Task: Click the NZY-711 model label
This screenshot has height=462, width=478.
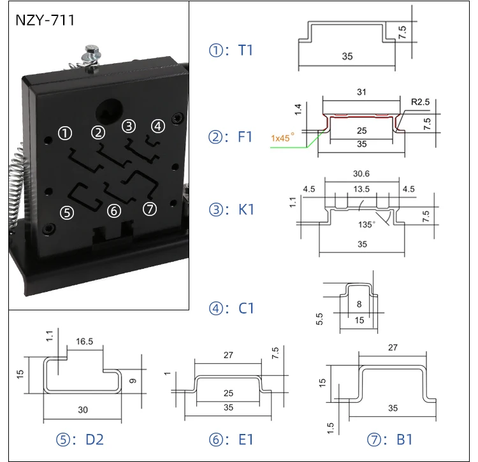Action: (x=45, y=20)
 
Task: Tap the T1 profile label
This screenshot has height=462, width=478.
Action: (x=231, y=50)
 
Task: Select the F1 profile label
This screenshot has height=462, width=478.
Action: (x=231, y=136)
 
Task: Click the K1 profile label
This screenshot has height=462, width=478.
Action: (x=232, y=209)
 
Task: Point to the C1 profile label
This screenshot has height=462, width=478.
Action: (x=232, y=308)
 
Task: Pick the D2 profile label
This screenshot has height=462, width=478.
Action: (x=80, y=440)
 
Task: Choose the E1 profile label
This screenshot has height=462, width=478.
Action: (x=232, y=440)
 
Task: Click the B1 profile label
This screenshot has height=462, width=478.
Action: (x=391, y=440)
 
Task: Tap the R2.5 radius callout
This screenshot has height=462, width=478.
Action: (x=420, y=101)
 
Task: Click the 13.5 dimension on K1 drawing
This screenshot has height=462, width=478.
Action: (x=361, y=189)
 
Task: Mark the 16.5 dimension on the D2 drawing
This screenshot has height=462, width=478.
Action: (x=84, y=342)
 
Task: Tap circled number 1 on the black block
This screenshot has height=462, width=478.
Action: (x=64, y=133)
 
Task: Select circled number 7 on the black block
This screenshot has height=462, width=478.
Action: (x=150, y=209)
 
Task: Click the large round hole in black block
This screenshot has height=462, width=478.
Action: (x=106, y=112)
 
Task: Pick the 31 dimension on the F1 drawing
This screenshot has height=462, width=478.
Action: (x=361, y=93)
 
